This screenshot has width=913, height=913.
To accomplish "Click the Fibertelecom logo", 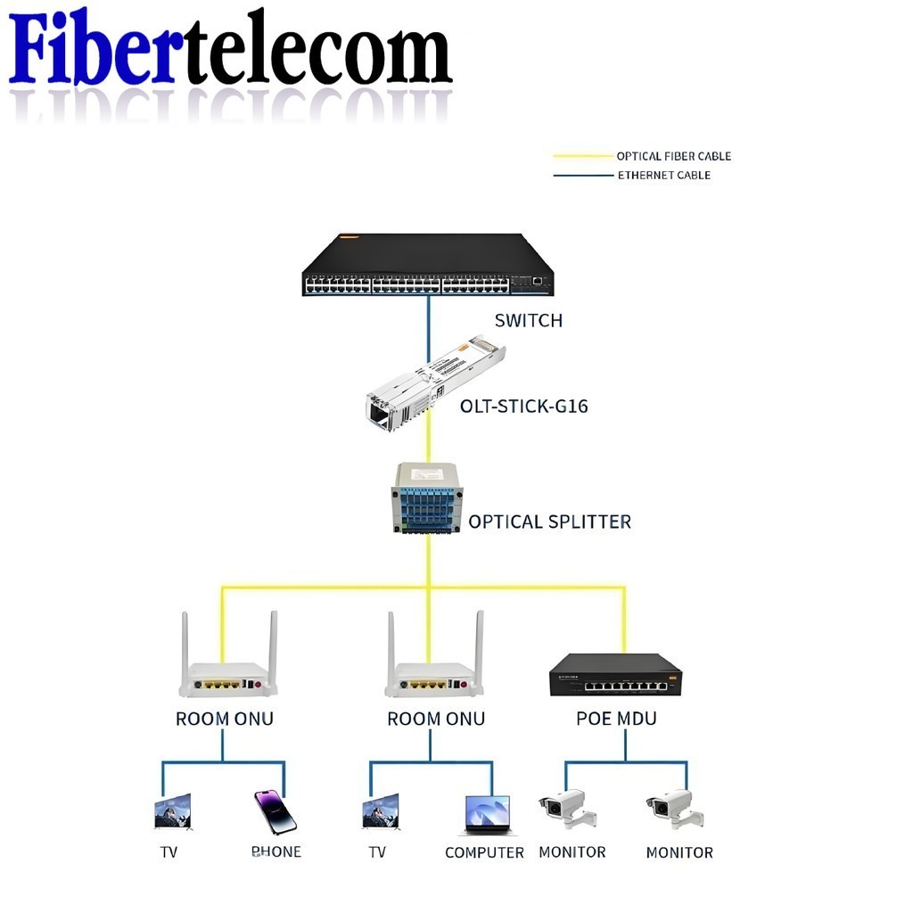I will (230, 49).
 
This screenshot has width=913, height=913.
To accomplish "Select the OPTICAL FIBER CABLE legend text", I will (673, 156).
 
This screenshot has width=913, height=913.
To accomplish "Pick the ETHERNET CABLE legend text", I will (663, 175).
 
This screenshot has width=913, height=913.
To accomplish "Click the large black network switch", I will (428, 265).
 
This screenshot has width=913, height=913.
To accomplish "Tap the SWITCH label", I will (529, 320).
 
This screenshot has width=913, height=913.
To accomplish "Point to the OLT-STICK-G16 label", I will (524, 407).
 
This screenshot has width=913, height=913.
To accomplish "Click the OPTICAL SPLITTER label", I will (549, 522).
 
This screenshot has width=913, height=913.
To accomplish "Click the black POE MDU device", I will (615, 675).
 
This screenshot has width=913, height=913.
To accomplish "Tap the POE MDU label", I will (616, 719).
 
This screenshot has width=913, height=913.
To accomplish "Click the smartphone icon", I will (275, 811).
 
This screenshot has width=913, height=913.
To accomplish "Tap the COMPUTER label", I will (484, 853).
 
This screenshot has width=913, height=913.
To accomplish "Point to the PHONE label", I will (276, 852).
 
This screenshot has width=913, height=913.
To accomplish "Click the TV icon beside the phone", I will (172, 812).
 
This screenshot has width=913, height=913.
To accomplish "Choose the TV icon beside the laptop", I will (381, 812).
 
